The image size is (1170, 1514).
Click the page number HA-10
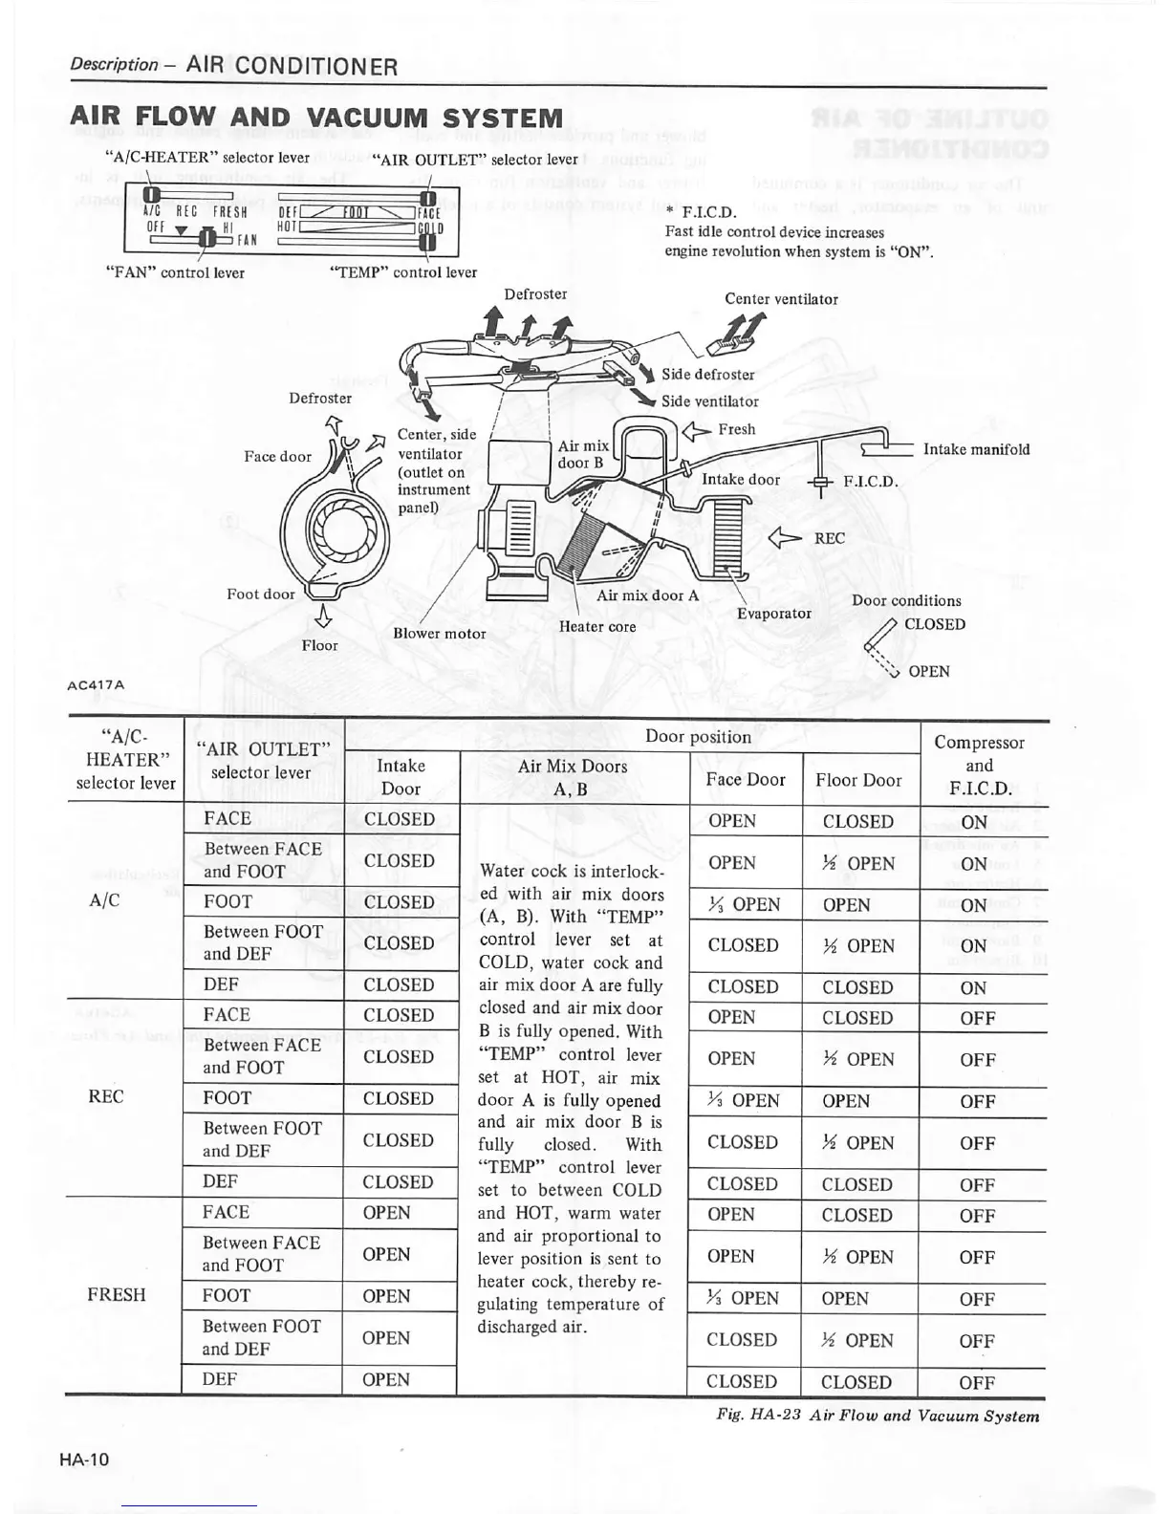pyautogui.click(x=84, y=1459)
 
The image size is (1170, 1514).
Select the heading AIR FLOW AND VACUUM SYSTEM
pyautogui.click(x=316, y=119)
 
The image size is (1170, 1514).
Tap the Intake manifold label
pyautogui.click(x=976, y=449)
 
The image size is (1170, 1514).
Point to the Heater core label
pyautogui.click(x=597, y=626)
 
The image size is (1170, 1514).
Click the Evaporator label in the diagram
pyautogui.click(x=774, y=613)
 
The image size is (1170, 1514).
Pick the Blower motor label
pyautogui.click(x=440, y=634)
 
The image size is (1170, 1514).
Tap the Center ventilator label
pyautogui.click(x=781, y=299)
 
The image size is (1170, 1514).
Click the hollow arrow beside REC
pyautogui.click(x=790, y=538)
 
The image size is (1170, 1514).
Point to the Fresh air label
pyautogui.click(x=736, y=430)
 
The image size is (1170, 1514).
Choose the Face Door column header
pyautogui.click(x=746, y=779)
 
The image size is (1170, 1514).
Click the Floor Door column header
pyautogui.click(x=858, y=780)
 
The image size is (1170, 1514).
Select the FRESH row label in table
pyautogui.click(x=117, y=1294)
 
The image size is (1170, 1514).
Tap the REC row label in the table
pyautogui.click(x=105, y=1096)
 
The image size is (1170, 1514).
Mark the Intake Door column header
pyautogui.click(x=401, y=776)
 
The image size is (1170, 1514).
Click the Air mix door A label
pyautogui.click(x=647, y=595)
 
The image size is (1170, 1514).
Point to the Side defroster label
pyautogui.click(x=707, y=375)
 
